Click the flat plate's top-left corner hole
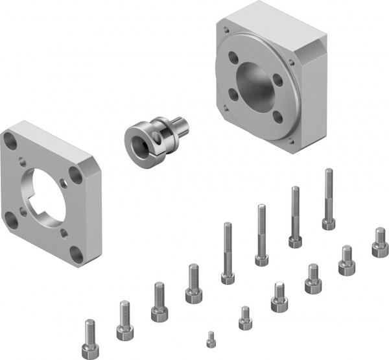[x=12, y=138]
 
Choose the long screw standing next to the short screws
[x=228, y=253]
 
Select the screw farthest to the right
[x=380, y=241]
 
